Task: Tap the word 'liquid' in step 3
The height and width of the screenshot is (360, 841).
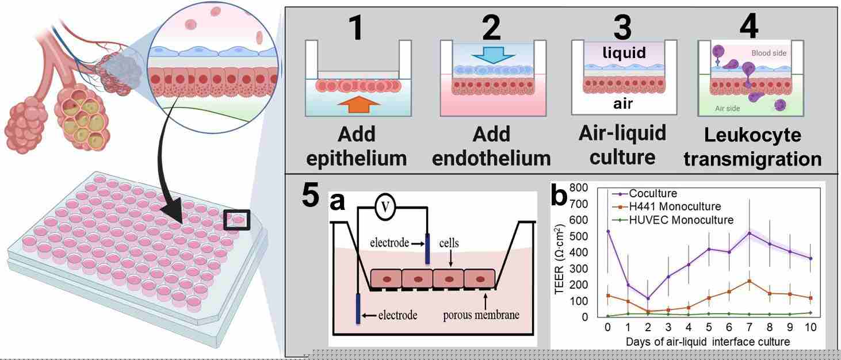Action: point(624,52)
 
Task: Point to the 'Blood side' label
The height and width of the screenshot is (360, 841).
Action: point(769,53)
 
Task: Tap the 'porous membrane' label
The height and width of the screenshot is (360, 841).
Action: point(484,315)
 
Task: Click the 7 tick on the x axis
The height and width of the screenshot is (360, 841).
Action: point(748,327)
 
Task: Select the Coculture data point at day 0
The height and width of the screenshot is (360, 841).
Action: point(608,231)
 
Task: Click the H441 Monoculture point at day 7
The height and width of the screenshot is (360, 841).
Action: point(749,281)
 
